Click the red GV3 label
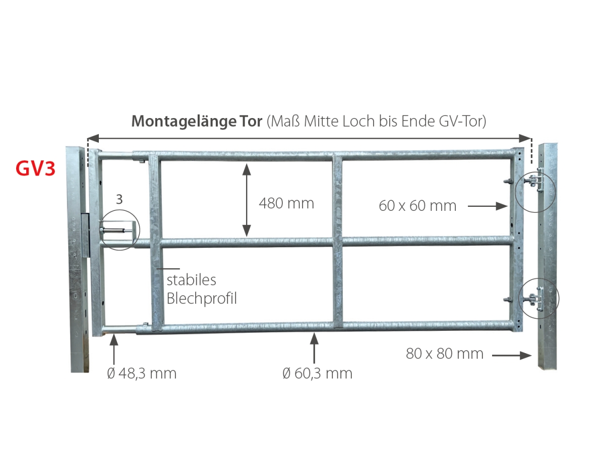(36, 168)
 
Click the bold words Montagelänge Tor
(197, 121)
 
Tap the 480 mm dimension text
(286, 203)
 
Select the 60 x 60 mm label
(417, 206)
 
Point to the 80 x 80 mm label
(444, 354)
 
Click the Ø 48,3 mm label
(142, 373)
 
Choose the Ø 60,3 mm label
(317, 373)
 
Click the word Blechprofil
(202, 299)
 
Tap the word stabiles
(191, 280)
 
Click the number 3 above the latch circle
(119, 199)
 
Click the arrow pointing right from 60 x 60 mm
(488, 206)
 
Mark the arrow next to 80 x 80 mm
(512, 356)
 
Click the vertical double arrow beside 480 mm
(247, 200)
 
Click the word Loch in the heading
(359, 121)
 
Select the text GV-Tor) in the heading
(462, 121)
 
